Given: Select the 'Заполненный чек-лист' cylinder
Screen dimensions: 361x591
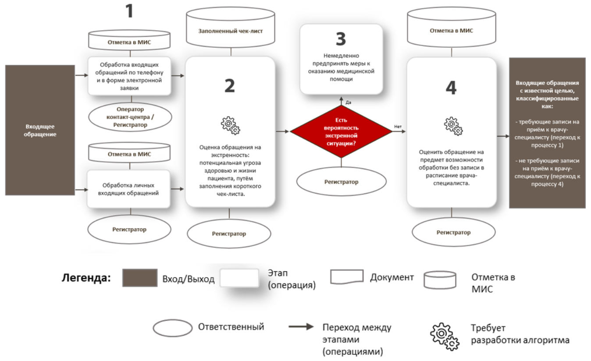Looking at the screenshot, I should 230,31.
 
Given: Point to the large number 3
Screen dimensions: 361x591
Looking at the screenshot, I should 341,39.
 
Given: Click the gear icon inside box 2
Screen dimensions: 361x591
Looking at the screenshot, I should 230,125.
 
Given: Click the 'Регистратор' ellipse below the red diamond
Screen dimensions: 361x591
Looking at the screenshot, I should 342,181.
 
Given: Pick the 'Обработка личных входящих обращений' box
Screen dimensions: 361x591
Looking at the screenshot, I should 128,189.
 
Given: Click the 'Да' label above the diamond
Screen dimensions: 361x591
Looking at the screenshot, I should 349,103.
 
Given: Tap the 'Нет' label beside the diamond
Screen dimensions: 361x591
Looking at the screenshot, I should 398,127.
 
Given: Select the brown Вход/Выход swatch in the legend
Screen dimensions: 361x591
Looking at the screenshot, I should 140,278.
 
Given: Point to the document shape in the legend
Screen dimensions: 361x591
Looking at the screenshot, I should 346,277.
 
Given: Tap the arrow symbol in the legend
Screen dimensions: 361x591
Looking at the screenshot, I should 301,327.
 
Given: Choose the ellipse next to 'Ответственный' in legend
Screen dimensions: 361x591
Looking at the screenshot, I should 172,328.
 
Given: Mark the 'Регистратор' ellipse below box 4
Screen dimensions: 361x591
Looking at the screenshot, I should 453,232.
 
